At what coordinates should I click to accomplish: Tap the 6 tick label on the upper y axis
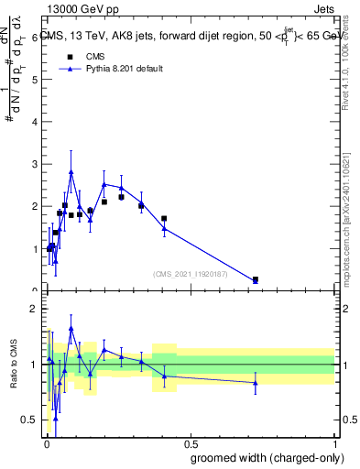[x=34, y=38]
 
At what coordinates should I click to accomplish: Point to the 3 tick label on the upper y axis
[x=34, y=164]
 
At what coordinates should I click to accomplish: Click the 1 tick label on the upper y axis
[x=34, y=249]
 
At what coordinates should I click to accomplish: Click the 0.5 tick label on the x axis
[x=191, y=442]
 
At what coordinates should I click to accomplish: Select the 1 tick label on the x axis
[x=334, y=442]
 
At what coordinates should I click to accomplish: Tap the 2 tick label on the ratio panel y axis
[x=34, y=309]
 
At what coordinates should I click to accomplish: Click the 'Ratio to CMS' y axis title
[x=14, y=365]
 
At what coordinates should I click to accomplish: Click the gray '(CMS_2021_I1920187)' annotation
[x=191, y=273]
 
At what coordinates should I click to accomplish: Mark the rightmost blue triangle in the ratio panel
[x=256, y=383]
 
